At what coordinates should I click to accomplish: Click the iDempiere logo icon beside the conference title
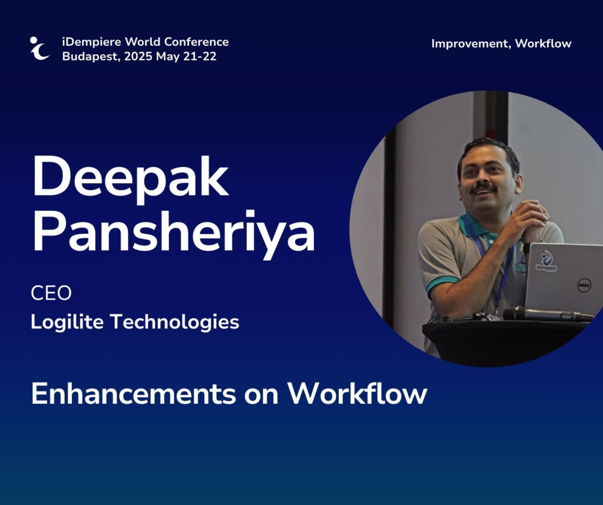tap(39, 48)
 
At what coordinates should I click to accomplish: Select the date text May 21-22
tap(186, 57)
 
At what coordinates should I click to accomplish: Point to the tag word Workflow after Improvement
tap(543, 44)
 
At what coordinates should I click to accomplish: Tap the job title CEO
tap(51, 293)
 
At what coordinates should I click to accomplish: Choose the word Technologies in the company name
tap(174, 322)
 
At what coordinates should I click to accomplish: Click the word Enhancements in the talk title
tap(134, 394)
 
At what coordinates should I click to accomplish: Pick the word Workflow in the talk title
tap(357, 394)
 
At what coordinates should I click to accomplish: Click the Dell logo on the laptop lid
tap(584, 285)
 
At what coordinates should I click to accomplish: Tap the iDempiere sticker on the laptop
tap(546, 262)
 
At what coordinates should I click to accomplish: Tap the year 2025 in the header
tap(138, 57)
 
